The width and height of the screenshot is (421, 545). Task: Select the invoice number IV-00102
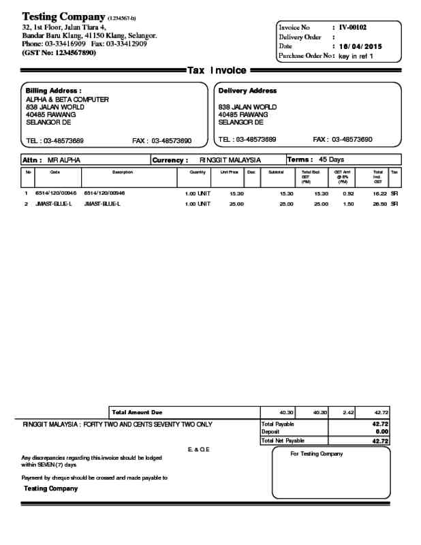click(353, 27)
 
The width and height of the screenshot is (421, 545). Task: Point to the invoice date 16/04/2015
click(361, 46)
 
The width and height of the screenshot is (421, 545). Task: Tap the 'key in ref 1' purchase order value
click(356, 56)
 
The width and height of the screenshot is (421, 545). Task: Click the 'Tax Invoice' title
click(217, 70)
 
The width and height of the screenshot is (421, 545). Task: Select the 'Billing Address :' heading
click(53, 91)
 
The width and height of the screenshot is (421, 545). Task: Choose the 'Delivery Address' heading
click(247, 91)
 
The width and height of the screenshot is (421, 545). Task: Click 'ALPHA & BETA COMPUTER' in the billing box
click(67, 99)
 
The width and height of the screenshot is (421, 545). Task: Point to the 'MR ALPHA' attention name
click(63, 160)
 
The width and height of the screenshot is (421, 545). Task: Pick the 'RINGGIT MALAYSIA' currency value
click(230, 160)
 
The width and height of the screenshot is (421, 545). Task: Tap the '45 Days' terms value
click(332, 159)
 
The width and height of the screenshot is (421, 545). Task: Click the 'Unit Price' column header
click(228, 172)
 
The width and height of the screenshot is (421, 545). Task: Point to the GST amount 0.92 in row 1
click(348, 193)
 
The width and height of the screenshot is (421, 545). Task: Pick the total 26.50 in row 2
click(379, 204)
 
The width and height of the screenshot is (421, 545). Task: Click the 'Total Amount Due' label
click(137, 412)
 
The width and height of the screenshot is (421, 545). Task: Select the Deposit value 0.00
click(382, 432)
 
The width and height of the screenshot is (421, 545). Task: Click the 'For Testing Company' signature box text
click(316, 454)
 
